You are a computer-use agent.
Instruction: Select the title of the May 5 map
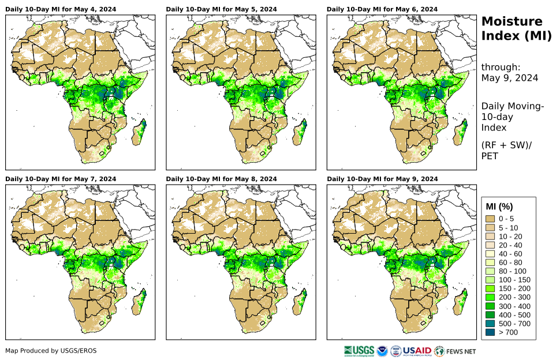click(x=221, y=9)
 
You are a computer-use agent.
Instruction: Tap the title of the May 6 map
click(x=382, y=9)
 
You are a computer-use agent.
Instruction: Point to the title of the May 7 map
click(x=61, y=179)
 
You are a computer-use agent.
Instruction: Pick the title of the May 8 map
click(x=221, y=179)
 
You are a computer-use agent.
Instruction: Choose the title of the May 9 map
click(x=382, y=179)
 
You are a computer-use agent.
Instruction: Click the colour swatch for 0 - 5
click(x=491, y=219)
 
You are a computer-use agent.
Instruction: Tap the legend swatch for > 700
click(x=491, y=332)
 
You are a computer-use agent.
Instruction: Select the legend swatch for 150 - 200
click(x=491, y=288)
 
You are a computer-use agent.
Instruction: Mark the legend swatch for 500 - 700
click(x=491, y=324)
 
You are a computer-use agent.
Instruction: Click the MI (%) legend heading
click(x=499, y=207)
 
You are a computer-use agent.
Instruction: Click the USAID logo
click(x=418, y=351)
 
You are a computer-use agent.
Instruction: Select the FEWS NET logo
click(x=456, y=351)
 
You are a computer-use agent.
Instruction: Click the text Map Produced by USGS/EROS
click(x=51, y=351)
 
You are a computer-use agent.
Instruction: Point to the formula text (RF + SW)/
click(x=506, y=145)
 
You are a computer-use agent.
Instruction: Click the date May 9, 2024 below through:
click(x=510, y=78)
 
